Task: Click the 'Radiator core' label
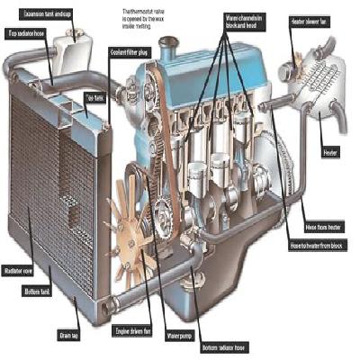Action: coord(20,268)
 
